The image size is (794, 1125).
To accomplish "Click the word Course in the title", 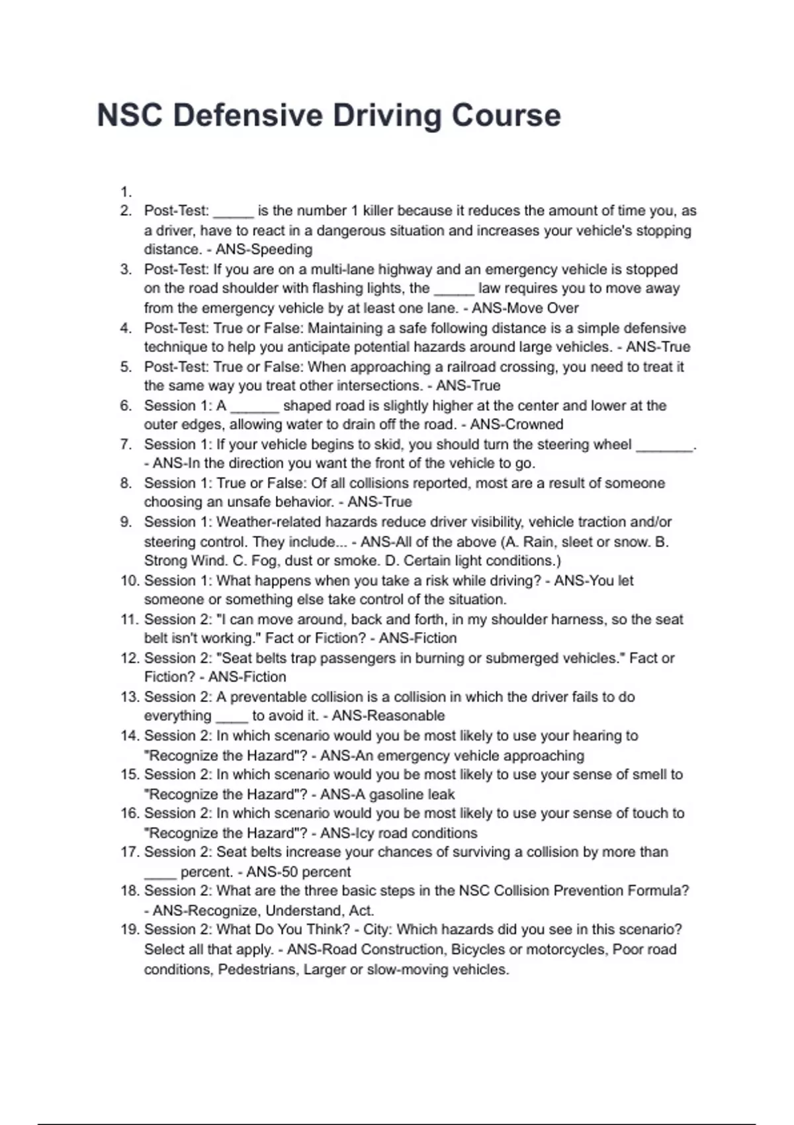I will click(506, 115).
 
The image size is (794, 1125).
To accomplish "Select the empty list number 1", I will click(126, 192).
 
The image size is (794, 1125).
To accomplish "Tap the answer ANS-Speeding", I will click(264, 249).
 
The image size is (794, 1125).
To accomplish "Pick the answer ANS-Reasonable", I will click(388, 715).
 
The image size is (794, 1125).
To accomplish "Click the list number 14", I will click(128, 735).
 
